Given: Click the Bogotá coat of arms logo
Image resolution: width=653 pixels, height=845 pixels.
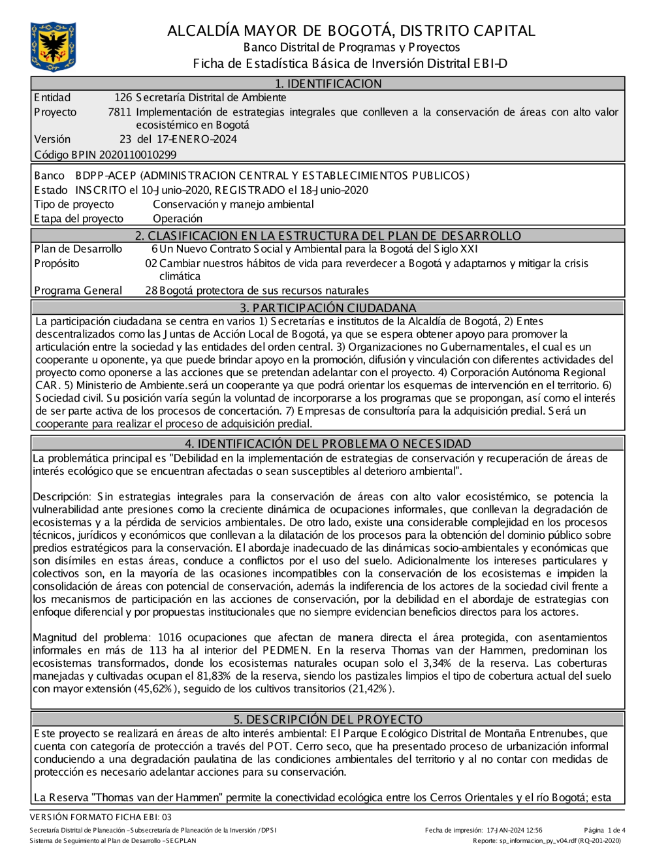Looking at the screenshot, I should tap(53, 46).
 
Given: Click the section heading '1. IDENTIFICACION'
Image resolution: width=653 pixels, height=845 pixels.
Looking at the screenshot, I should tap(328, 84).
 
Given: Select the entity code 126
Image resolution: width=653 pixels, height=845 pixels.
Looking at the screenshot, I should tap(123, 98).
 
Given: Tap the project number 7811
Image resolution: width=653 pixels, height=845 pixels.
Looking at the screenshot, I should tap(119, 112).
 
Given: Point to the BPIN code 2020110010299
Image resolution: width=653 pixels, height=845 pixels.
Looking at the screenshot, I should tap(138, 155).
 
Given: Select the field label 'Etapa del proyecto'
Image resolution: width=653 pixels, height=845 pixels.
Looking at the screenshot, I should tap(78, 219).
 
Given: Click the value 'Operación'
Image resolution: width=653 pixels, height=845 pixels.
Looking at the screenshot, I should tap(178, 219).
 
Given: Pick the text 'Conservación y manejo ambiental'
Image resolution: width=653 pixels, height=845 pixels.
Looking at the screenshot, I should tap(233, 204).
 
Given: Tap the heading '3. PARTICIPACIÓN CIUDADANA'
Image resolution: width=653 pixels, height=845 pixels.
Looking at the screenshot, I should tap(328, 308).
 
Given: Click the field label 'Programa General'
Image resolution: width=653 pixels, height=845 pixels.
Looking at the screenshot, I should tap(78, 291).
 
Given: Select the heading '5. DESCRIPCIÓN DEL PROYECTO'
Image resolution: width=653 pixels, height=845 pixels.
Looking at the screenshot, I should tap(328, 719).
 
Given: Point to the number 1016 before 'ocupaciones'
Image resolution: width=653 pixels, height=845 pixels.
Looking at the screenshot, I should tap(170, 637).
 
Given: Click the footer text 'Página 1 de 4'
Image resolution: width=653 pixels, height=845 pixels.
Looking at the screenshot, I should tap(605, 831).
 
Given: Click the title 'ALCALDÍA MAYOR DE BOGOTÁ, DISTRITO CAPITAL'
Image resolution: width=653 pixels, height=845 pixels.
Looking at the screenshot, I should tap(351, 31).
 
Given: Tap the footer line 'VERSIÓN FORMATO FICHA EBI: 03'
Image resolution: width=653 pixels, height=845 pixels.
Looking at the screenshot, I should tap(101, 817).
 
